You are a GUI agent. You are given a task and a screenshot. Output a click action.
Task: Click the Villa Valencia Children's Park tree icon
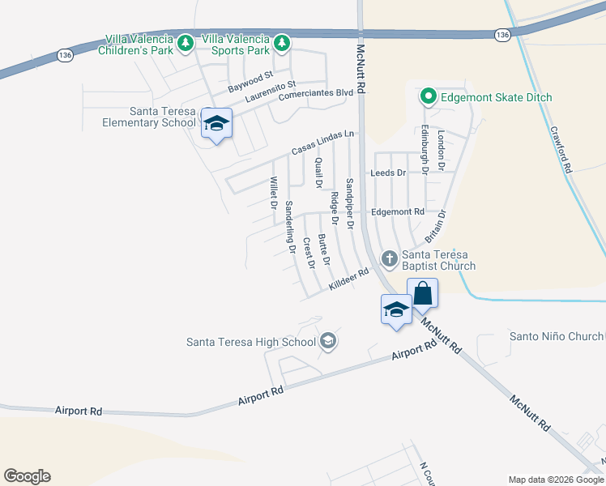[186, 41]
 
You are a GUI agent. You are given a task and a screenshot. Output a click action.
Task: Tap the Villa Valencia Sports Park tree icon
[281, 41]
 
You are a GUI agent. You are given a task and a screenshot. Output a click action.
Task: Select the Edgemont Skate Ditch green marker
[428, 98]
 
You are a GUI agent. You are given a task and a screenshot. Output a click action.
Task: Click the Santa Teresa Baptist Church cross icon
[389, 259]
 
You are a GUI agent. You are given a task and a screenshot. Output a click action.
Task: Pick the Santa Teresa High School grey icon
[328, 341]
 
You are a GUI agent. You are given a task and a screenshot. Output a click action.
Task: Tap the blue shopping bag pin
[422, 293]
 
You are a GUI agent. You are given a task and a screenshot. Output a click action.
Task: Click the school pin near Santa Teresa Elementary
[216, 124]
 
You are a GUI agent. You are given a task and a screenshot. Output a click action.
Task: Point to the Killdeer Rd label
[349, 281]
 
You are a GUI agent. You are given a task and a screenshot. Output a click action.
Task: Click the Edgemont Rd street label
[397, 212]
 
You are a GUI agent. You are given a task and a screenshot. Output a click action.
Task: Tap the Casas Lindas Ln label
[323, 143]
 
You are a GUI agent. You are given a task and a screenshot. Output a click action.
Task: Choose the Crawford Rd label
[561, 149]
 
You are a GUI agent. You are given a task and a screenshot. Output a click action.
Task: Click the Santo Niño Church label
[556, 336]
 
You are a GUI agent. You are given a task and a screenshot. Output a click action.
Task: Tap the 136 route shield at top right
[503, 34]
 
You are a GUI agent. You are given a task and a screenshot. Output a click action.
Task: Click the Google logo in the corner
[27, 476]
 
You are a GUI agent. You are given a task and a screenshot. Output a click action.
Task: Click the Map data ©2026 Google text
[555, 480]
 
